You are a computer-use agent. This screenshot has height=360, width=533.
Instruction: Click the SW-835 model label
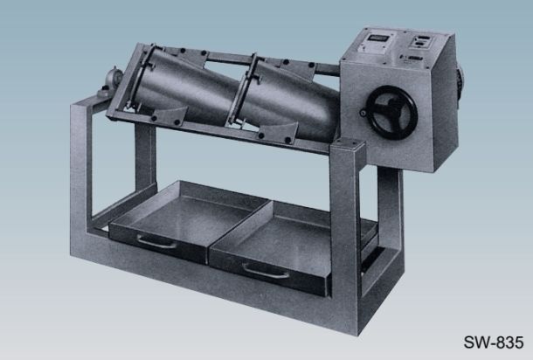[x=493, y=342]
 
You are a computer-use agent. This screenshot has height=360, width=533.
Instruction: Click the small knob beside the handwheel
[x=363, y=112]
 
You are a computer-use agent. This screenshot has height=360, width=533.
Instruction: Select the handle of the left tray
[x=156, y=242]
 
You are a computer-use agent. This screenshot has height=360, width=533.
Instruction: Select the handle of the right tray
[x=261, y=272]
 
